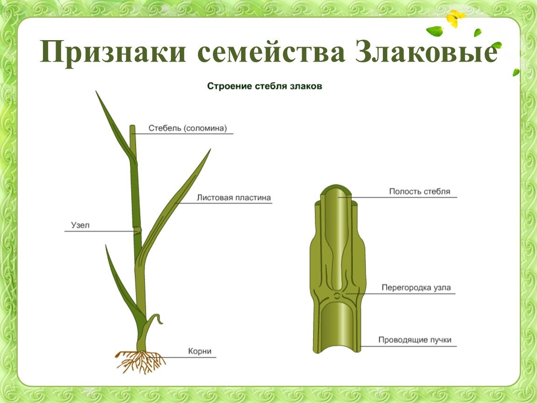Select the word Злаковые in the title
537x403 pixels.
click(x=426, y=51)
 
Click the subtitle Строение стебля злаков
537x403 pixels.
click(x=264, y=86)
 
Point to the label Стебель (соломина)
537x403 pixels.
click(x=188, y=128)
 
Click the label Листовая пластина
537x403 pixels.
click(x=233, y=198)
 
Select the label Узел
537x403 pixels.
click(x=80, y=225)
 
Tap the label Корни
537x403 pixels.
click(x=200, y=351)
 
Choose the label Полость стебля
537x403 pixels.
click(x=419, y=192)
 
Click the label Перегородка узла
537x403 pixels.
click(x=416, y=288)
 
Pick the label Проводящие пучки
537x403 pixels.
click(x=415, y=340)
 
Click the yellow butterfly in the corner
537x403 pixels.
click(x=456, y=19)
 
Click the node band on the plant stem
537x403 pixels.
click(x=137, y=230)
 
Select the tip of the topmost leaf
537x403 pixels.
click(x=96, y=91)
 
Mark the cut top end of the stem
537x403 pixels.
click(x=133, y=126)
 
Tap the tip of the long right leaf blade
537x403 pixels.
click(x=210, y=150)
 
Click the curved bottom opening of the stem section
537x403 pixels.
click(x=337, y=348)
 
